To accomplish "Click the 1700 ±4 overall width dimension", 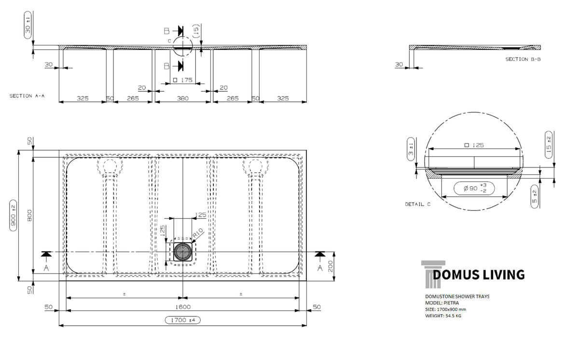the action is point(183,320).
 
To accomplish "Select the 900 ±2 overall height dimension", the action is point(13,216).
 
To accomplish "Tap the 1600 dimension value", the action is point(183,307).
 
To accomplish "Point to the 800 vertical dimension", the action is point(29,215).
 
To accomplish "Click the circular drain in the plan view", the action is point(183,252).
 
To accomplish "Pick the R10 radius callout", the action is point(198,233).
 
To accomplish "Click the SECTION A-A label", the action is point(27,96).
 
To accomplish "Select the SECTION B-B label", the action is point(523,59).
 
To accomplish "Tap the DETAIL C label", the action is point(418,204).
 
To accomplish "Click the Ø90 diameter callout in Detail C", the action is point(474,188).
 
